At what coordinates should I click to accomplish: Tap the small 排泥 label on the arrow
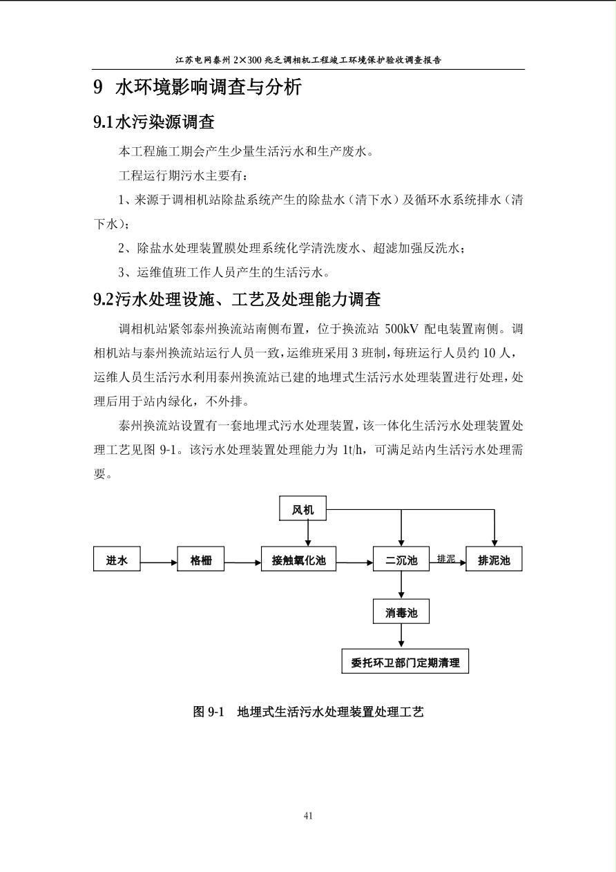tap(446, 558)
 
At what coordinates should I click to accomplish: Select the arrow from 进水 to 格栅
tap(159, 562)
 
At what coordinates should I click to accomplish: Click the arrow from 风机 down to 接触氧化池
tap(308, 533)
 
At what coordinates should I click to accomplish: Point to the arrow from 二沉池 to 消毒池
tap(401, 585)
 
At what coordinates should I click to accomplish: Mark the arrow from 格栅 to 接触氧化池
tap(243, 562)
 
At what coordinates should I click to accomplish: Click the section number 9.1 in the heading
tap(103, 122)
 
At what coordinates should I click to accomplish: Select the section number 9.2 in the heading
tap(103, 300)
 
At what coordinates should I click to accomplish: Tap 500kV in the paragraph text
tap(401, 330)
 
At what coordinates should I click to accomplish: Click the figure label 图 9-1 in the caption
tap(209, 712)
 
